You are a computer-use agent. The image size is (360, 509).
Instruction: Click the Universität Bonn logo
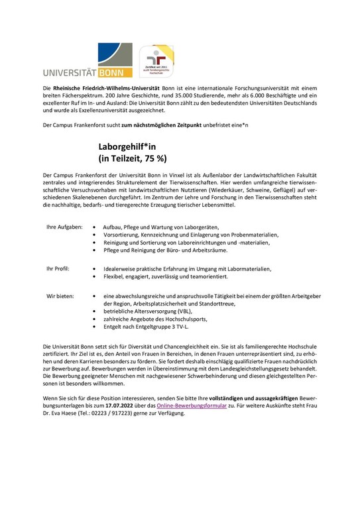86,59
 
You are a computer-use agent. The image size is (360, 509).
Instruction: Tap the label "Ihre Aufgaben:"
64,227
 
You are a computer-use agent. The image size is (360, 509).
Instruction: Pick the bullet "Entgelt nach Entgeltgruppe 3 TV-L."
146,327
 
